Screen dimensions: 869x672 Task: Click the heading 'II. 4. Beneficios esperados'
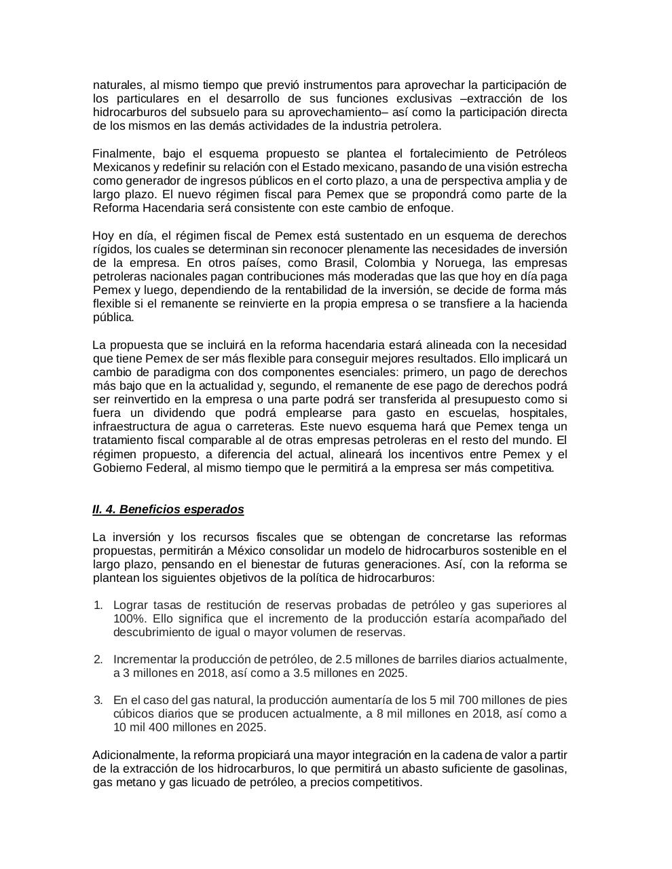click(x=168, y=509)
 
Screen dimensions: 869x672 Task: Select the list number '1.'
click(x=98, y=605)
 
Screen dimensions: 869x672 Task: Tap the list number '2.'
click(x=98, y=659)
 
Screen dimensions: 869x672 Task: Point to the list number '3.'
click(x=98, y=700)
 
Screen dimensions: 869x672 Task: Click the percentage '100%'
click(x=127, y=618)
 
